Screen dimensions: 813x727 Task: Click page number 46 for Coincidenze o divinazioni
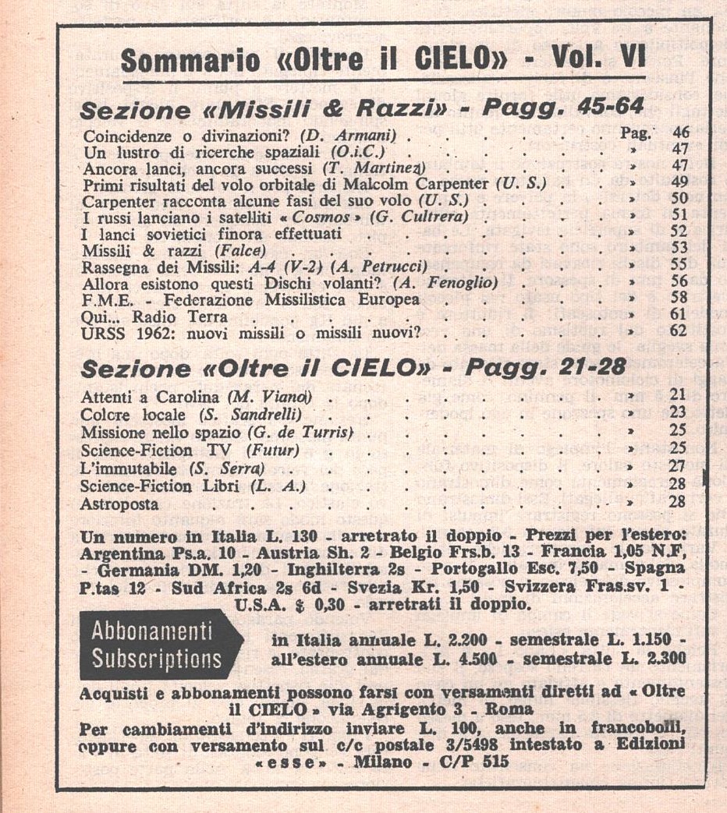(x=680, y=133)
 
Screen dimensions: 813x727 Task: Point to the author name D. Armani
(x=350, y=133)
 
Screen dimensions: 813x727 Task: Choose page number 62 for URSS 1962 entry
(x=680, y=332)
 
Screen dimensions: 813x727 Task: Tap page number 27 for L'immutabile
(x=677, y=467)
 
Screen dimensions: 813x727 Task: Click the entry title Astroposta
(x=119, y=503)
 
